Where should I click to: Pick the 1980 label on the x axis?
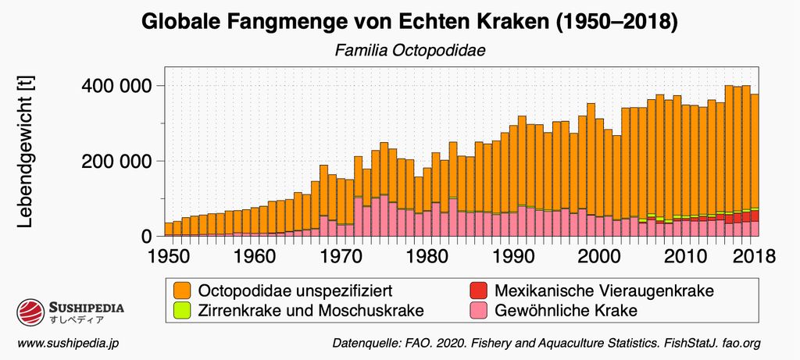[x=426, y=255]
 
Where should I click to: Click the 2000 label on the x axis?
[x=598, y=255]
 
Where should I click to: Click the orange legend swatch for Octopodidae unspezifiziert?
[x=183, y=290]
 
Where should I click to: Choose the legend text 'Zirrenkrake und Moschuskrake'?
[x=312, y=310]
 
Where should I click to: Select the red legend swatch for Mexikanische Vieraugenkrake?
[x=480, y=290]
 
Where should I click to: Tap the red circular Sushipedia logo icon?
[x=30, y=314]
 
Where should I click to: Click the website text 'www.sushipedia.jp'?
[x=68, y=343]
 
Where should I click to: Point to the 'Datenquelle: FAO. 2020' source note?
[x=546, y=343]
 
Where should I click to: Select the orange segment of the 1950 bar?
[x=169, y=228]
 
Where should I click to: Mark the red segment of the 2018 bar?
[x=755, y=216]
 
